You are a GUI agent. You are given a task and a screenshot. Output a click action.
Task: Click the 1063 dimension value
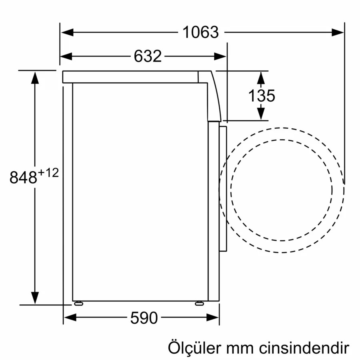pyautogui.click(x=201, y=32)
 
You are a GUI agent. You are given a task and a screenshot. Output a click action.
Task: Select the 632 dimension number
pyautogui.click(x=148, y=56)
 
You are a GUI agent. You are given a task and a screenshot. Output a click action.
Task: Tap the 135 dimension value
pyautogui.click(x=262, y=96)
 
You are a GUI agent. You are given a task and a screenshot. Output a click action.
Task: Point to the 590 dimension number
pyautogui.click(x=144, y=318)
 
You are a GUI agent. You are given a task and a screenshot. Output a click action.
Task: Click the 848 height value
pyautogui.click(x=23, y=178)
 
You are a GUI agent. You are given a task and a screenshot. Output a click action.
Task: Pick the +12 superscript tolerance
pyautogui.click(x=49, y=172)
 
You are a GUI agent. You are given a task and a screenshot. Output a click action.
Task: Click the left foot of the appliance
pyautogui.click(x=78, y=304)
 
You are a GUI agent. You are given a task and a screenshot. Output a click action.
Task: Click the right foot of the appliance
pyautogui.click(x=199, y=304)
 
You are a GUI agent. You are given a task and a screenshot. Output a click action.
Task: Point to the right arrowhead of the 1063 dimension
pyautogui.click(x=338, y=32)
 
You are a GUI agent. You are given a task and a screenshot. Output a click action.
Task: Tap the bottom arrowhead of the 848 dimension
pyautogui.click(x=35, y=298)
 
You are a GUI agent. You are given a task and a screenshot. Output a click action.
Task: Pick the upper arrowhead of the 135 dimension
pyautogui.click(x=261, y=77)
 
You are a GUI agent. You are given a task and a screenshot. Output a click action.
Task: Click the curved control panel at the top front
pyautogui.click(x=214, y=96)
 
